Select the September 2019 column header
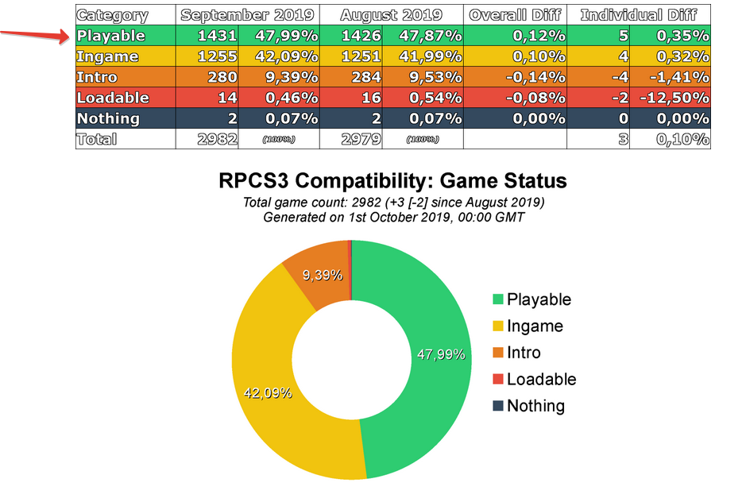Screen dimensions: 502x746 click(247, 15)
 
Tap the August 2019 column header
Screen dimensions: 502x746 click(391, 15)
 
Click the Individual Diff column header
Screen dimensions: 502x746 click(639, 15)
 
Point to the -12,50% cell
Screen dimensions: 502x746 click(672, 98)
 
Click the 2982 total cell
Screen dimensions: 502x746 click(217, 139)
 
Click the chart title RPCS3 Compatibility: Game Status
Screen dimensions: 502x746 click(392, 181)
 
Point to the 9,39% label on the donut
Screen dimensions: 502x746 click(323, 275)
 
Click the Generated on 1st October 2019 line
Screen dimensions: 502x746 click(392, 217)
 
